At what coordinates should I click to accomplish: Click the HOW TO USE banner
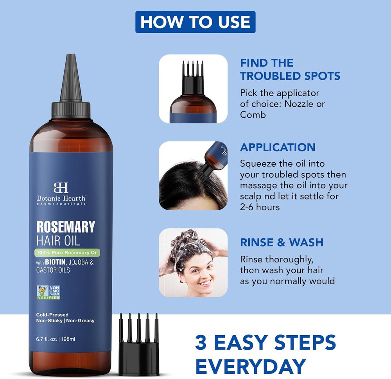(195, 22)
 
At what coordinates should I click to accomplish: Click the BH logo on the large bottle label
(61, 187)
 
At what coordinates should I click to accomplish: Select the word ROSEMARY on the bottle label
(66, 227)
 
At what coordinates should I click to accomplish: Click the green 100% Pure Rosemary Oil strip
(67, 253)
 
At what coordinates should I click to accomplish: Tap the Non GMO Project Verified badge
(48, 292)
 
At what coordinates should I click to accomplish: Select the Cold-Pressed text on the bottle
(52, 314)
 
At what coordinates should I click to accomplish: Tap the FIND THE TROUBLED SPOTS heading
(290, 69)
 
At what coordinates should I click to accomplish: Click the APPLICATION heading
(278, 147)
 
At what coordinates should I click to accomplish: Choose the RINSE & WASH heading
(282, 242)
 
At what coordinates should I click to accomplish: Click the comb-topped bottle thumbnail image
(193, 89)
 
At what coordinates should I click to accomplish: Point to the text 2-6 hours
(260, 207)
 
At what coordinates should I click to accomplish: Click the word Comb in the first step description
(253, 115)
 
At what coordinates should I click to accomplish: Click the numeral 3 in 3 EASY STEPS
(201, 342)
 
